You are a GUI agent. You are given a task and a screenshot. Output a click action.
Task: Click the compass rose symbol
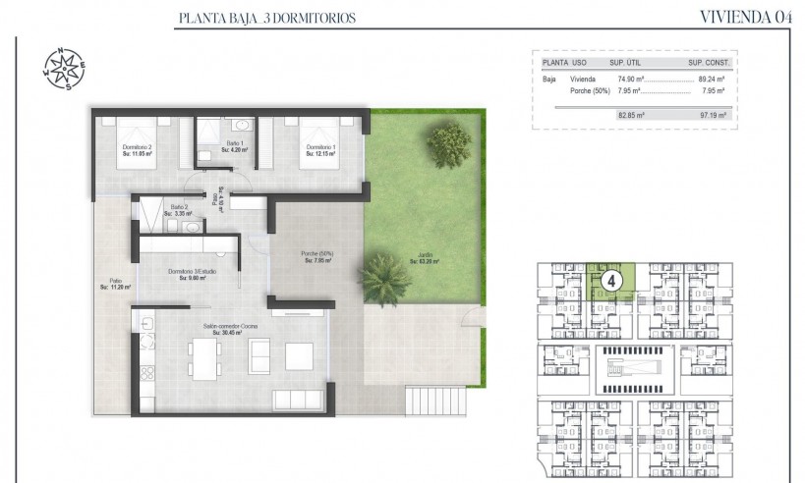61,67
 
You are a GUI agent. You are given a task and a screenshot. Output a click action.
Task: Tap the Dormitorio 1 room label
320,150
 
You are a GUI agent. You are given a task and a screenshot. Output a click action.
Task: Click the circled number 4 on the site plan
611,280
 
